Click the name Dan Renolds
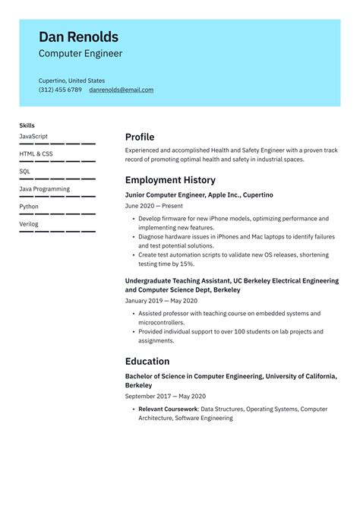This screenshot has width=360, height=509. tap(78, 36)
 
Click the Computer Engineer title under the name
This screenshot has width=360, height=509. tap(80, 54)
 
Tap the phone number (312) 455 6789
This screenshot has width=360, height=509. tap(60, 90)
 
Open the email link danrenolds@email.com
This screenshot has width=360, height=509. tap(121, 90)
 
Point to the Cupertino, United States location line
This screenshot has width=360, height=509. tap(71, 81)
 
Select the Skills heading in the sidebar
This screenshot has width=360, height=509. tap(27, 125)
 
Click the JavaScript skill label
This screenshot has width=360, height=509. tap(33, 136)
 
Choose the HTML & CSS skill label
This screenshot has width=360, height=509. tap(36, 153)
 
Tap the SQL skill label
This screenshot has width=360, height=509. tap(25, 171)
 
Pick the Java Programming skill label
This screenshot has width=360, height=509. tap(44, 188)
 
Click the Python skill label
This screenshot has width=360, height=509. tap(29, 206)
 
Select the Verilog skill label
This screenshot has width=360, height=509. tap(29, 224)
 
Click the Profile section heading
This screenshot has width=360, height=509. tap(140, 138)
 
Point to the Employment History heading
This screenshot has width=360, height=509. tap(170, 181)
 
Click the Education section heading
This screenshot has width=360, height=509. tap(147, 362)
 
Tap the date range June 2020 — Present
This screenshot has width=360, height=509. tap(154, 206)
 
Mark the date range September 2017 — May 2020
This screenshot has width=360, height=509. tap(165, 397)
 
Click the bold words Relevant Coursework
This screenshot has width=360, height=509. tap(168, 409)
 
